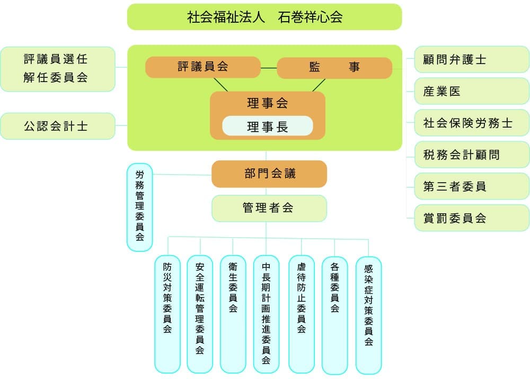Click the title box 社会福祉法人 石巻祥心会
(264, 17)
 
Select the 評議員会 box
(203, 67)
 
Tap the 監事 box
(334, 68)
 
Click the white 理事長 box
(267, 126)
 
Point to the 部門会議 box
(269, 174)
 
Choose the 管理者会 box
(269, 208)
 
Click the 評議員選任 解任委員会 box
(57, 69)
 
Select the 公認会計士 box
(57, 126)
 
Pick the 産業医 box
(472, 92)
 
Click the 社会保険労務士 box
(472, 123)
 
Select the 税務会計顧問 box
(472, 155)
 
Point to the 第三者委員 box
(472, 187)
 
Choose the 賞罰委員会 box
(472, 218)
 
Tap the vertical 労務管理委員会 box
(139, 207)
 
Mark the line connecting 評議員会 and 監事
(269, 68)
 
